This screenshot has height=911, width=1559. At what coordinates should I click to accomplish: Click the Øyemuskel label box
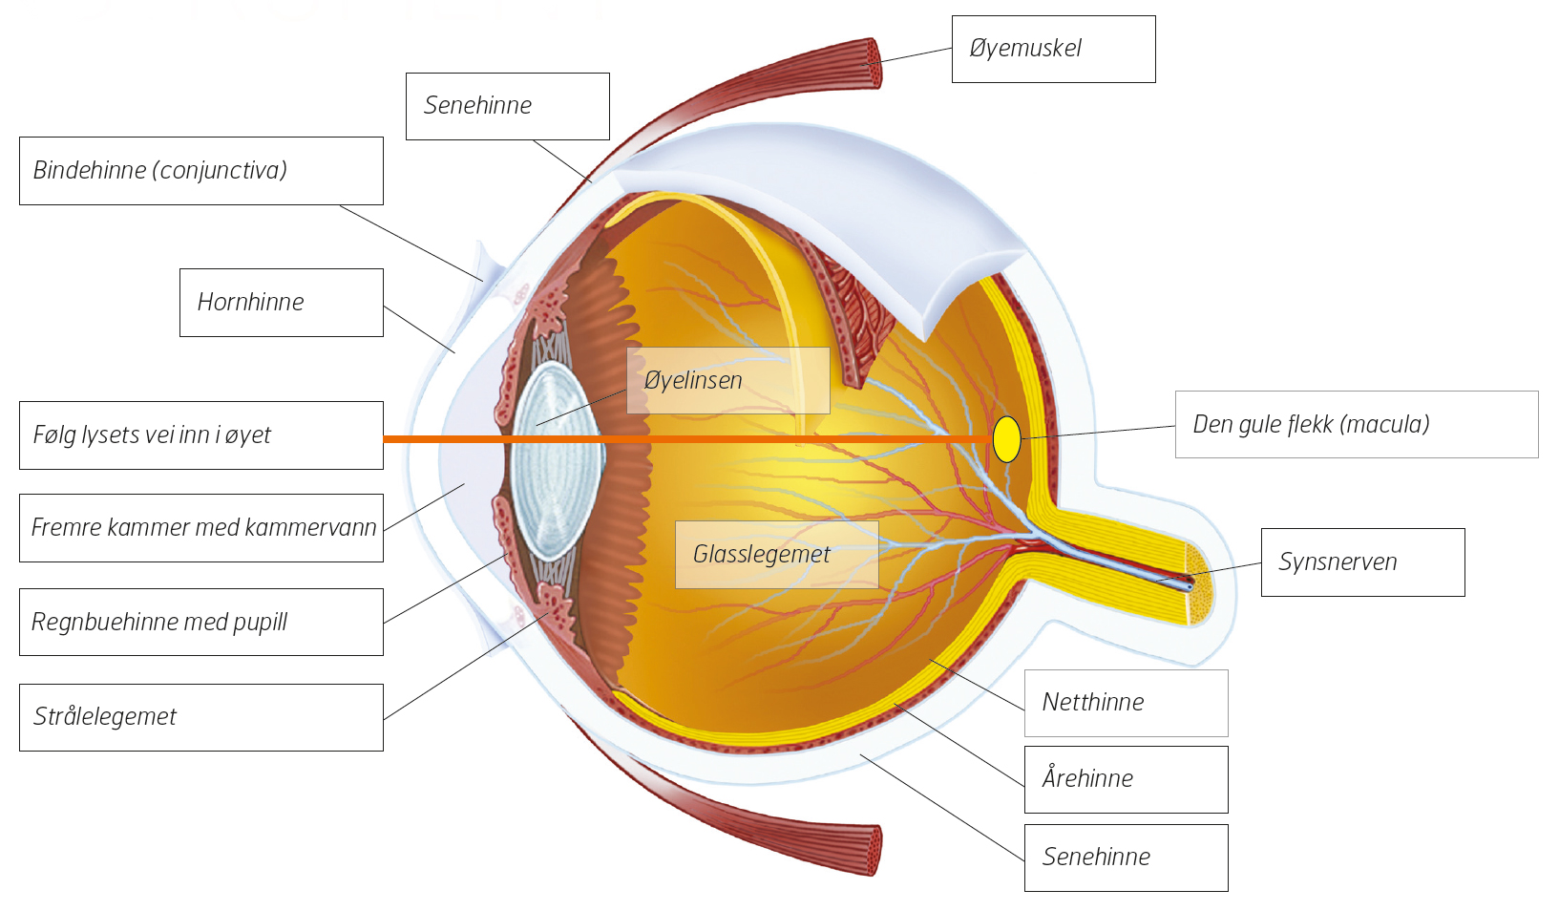pyautogui.click(x=1054, y=50)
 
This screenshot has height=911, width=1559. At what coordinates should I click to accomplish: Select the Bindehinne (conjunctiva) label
pyautogui.click(x=201, y=171)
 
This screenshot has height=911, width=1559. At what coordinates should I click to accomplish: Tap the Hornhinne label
pyautogui.click(x=282, y=303)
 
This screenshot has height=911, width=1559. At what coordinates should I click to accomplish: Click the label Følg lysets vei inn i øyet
pyautogui.click(x=201, y=435)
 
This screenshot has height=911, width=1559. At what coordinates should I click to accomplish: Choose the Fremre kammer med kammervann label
pyautogui.click(x=201, y=528)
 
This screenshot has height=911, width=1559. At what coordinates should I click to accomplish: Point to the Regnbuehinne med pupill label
pyautogui.click(x=201, y=623)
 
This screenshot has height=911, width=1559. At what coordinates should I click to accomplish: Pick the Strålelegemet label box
pyautogui.click(x=201, y=717)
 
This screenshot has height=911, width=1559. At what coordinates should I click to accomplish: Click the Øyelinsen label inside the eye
pyautogui.click(x=728, y=381)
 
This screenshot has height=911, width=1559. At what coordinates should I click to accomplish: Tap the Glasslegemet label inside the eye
pyautogui.click(x=777, y=555)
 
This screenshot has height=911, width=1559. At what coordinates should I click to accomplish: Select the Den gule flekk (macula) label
pyautogui.click(x=1357, y=425)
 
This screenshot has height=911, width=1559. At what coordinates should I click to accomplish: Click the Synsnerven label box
pyautogui.click(x=1362, y=562)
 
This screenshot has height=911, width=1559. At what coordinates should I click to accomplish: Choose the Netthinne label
pyautogui.click(x=1127, y=703)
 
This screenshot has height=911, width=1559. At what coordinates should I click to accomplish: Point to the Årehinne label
pyautogui.click(x=1127, y=779)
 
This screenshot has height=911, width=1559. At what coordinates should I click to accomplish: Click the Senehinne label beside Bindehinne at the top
pyautogui.click(x=507, y=107)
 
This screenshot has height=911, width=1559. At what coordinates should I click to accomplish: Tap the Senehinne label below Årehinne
pyautogui.click(x=1127, y=858)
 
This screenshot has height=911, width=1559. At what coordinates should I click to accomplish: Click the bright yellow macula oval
pyautogui.click(x=1006, y=439)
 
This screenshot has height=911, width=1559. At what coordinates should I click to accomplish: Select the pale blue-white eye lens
pyautogui.click(x=557, y=460)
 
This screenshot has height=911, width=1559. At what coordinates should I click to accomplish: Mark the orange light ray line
pyautogui.click(x=687, y=439)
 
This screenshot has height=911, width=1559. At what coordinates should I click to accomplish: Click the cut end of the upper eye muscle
pyautogui.click(x=871, y=63)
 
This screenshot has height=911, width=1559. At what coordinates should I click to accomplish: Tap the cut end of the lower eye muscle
pyautogui.click(x=871, y=850)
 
